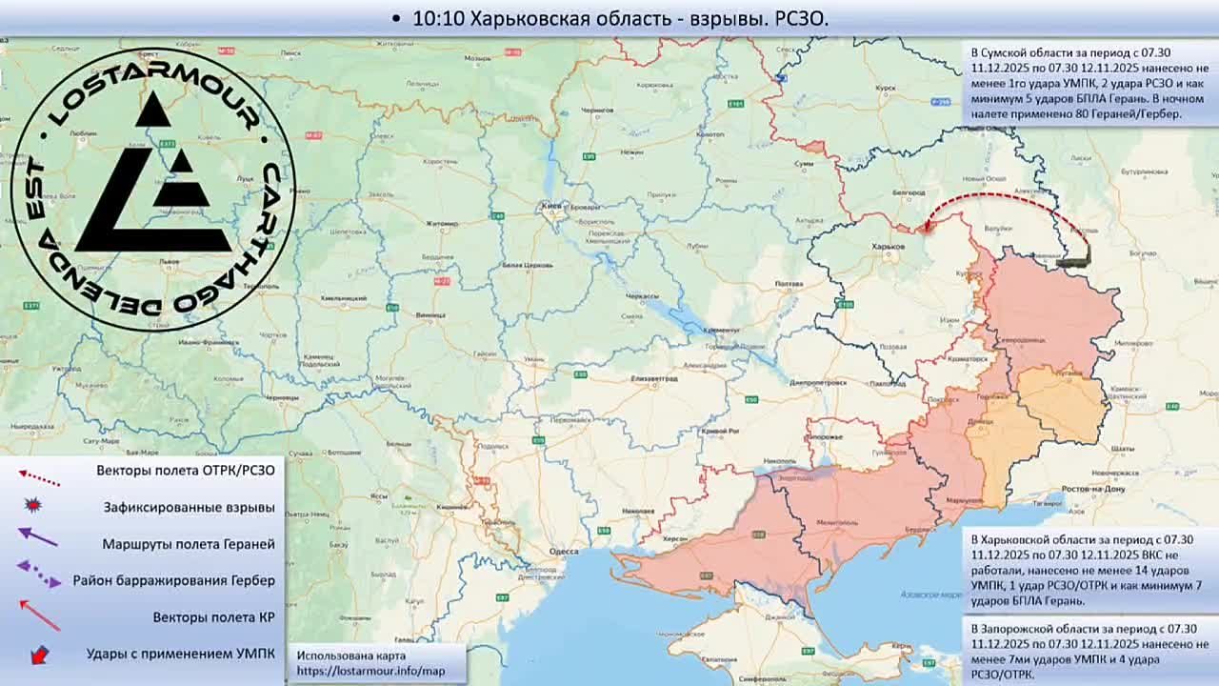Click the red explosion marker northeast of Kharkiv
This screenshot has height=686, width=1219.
(927, 228)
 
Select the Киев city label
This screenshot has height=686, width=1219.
(551, 205)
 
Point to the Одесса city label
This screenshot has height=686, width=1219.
(564, 551)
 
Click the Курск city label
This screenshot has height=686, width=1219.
(888, 88)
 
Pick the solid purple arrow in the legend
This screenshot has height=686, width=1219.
(38, 538)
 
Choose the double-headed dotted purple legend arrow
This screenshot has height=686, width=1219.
(39, 574)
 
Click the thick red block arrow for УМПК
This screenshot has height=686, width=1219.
(39, 655)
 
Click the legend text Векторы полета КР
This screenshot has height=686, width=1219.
(213, 617)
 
